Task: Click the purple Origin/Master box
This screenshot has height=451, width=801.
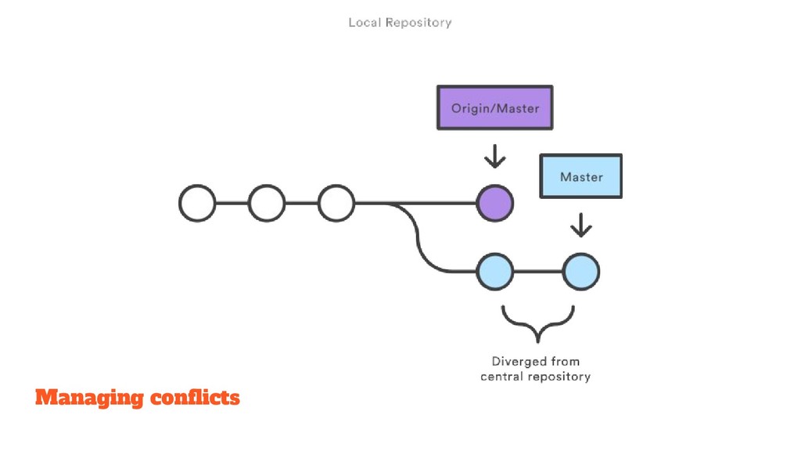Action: point(494,107)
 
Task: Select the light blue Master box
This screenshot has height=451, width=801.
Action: point(581,176)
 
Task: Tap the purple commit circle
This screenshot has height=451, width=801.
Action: point(494,203)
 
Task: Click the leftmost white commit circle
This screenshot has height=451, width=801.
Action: point(197,203)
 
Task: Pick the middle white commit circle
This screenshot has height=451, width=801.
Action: point(267,203)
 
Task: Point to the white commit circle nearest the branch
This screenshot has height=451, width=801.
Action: point(336,203)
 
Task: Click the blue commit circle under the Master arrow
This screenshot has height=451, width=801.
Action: point(581,272)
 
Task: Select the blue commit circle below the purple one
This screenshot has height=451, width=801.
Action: point(494,272)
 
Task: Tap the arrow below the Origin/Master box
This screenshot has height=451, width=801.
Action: point(494,157)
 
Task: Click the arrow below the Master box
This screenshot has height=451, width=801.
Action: point(581,225)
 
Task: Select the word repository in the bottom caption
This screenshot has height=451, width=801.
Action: point(560,377)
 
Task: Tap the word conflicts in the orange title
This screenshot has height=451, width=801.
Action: point(195,397)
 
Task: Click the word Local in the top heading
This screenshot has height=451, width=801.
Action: point(365,23)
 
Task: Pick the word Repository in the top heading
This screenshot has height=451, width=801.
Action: point(418,23)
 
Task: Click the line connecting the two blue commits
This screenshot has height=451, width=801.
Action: point(538,272)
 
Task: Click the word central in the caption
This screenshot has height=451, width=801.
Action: point(502,377)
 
